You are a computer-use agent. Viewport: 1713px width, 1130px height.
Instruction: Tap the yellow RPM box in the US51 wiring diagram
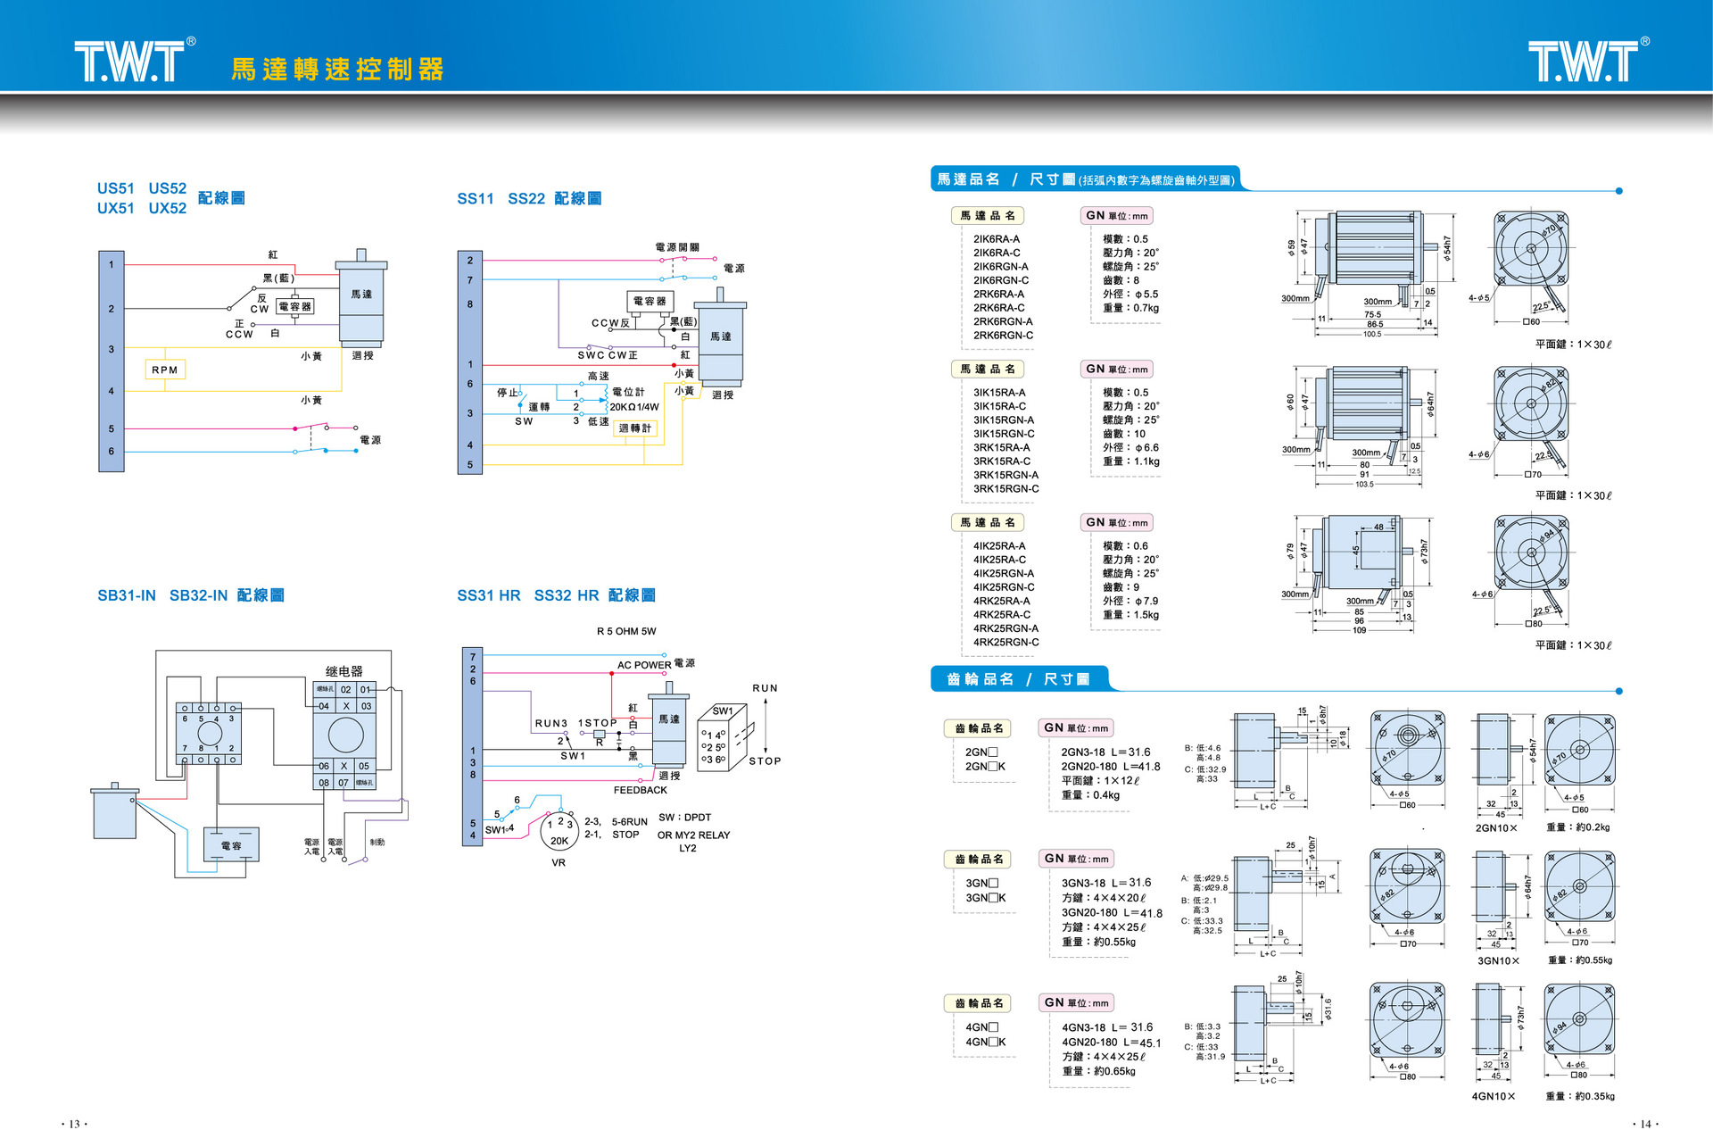coord(165,370)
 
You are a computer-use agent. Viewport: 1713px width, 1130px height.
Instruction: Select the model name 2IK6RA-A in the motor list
coord(997,239)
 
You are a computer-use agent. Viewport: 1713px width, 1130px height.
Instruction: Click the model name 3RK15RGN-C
coord(1006,489)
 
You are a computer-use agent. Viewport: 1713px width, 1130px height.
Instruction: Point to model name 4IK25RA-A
coord(999,546)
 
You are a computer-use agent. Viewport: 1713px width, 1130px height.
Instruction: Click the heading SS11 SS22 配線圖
coord(529,198)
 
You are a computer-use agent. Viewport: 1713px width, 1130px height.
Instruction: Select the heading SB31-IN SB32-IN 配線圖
coord(191,595)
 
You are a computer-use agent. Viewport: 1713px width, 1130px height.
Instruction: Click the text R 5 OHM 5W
coord(626,631)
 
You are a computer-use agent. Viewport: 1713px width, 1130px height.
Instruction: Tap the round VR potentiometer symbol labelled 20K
coord(559,831)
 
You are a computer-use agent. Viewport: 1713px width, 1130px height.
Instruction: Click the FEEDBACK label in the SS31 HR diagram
coord(640,790)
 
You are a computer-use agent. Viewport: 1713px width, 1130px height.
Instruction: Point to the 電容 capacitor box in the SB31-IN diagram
coord(231,845)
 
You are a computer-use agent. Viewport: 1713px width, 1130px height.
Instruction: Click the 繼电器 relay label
coord(344,671)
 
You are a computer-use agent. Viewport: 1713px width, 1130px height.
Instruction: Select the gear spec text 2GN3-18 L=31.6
coord(1105,752)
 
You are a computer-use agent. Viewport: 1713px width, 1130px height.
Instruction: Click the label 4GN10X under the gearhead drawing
coord(1494,1096)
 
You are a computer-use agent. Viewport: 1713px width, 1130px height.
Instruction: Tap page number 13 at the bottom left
coord(74,1124)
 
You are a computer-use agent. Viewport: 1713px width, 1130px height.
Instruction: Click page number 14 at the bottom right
coord(1645,1124)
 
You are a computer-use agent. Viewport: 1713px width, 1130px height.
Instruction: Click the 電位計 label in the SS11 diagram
coord(628,392)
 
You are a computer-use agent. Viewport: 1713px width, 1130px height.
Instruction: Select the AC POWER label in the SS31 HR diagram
coord(644,665)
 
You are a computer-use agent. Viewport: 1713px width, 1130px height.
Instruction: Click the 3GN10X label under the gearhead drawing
coord(1498,961)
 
